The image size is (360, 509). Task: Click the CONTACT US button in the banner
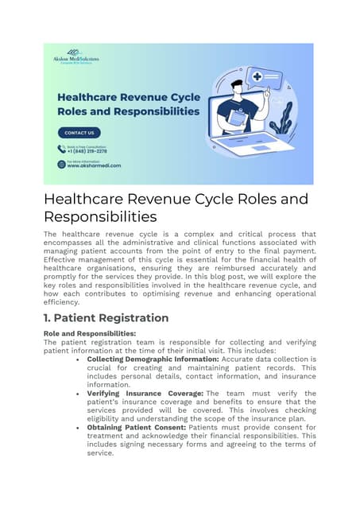[79, 132]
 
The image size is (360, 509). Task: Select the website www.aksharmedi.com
[94, 165]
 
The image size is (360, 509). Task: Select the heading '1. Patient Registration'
[106, 318]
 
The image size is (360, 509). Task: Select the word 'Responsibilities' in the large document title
[99, 216]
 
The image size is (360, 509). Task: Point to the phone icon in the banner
[61, 149]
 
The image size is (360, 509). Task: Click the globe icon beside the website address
[61, 164]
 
